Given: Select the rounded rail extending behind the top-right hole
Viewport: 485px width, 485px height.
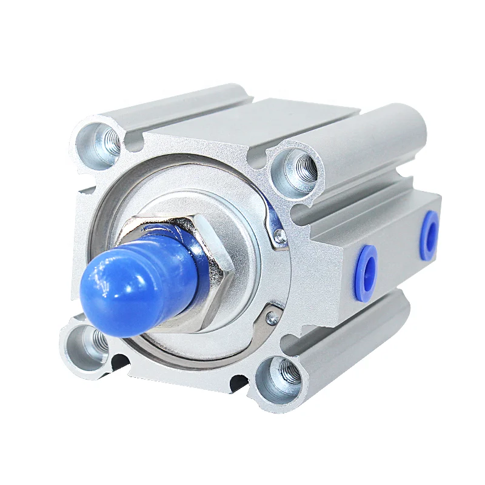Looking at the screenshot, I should click(x=376, y=145).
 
